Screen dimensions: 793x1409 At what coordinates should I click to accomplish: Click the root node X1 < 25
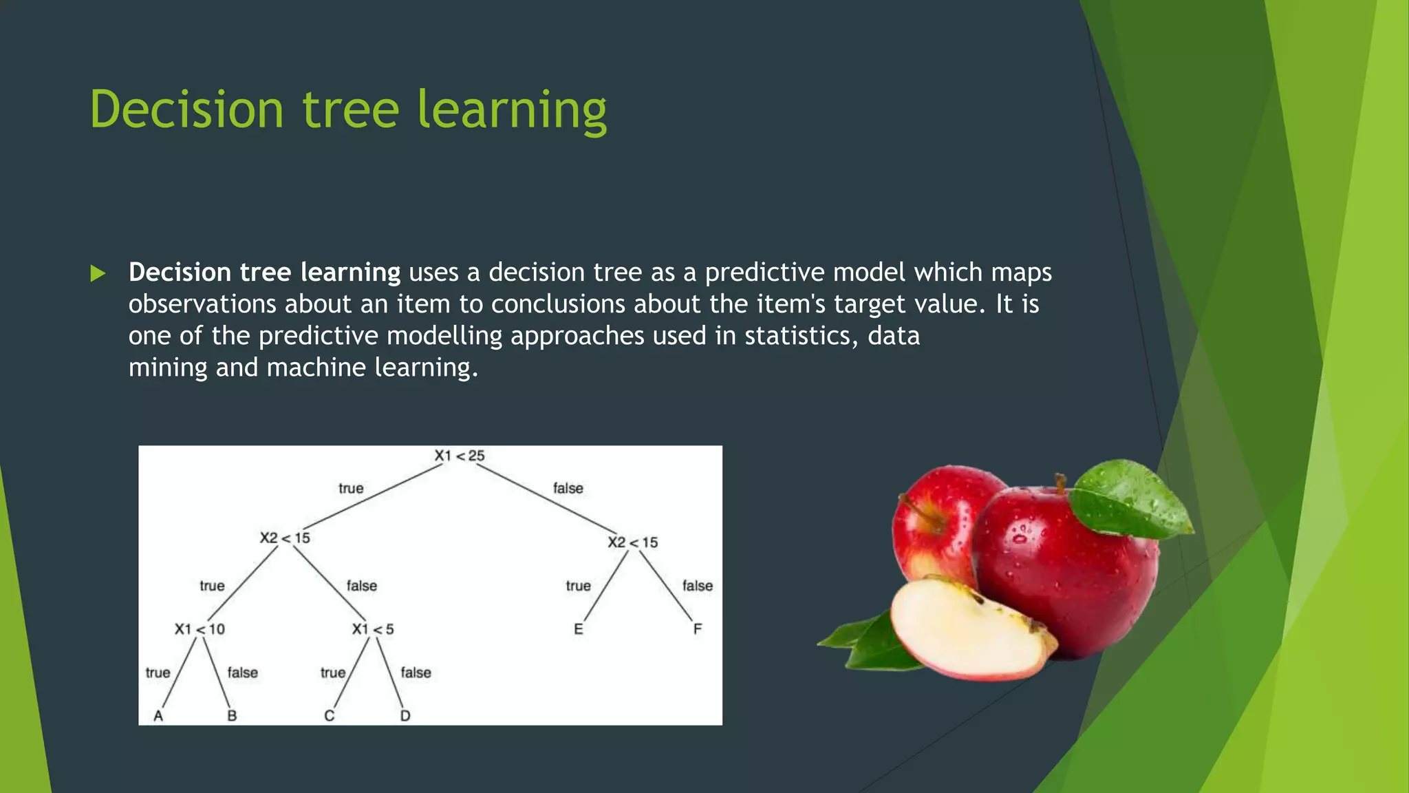(x=459, y=456)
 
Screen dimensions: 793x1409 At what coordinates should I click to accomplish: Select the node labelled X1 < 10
(x=200, y=629)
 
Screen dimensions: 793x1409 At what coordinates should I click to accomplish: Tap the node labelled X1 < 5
(x=373, y=629)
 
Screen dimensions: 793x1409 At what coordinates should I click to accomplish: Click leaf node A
(x=158, y=716)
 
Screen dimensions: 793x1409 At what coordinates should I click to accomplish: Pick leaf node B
(x=232, y=716)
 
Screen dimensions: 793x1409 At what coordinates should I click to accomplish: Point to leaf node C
(x=329, y=716)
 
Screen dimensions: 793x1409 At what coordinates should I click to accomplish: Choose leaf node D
(x=405, y=716)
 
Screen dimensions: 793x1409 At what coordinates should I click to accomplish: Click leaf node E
(x=578, y=629)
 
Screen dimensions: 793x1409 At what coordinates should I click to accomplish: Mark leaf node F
(x=697, y=629)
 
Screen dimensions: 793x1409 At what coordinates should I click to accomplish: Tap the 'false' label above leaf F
(x=697, y=586)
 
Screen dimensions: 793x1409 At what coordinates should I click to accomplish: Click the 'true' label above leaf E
(x=578, y=586)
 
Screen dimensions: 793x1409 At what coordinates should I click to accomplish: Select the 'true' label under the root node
(x=351, y=488)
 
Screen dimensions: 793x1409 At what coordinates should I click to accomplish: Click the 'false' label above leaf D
(x=416, y=673)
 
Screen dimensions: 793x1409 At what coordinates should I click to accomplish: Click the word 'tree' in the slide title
(x=350, y=109)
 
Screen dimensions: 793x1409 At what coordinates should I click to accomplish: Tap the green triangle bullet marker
(x=98, y=274)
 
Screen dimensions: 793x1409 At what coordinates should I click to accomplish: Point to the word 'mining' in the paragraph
(x=167, y=368)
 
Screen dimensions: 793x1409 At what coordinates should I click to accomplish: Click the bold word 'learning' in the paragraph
(x=350, y=273)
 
